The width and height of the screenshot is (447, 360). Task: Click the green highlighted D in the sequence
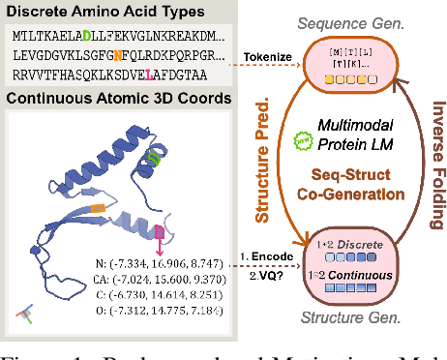(x=88, y=35)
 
